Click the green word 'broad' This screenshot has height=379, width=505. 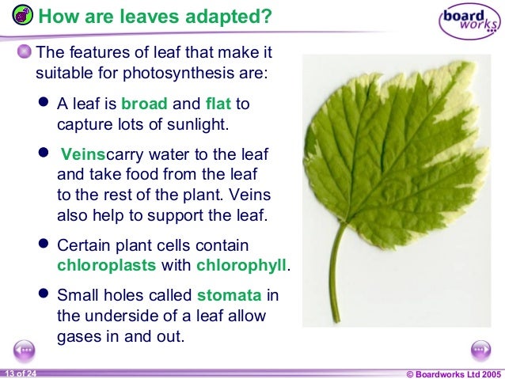144,104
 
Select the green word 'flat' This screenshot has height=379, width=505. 218,104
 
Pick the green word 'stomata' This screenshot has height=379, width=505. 229,297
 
